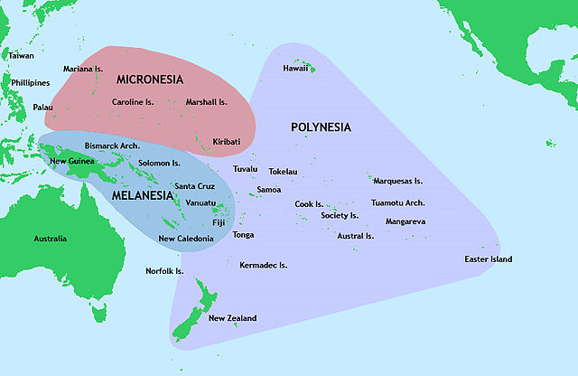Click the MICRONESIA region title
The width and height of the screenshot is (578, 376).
click(x=149, y=79)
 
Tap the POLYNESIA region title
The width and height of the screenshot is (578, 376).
click(x=321, y=127)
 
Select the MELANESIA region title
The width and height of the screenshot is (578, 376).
click(x=143, y=194)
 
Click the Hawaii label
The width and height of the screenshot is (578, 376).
click(x=295, y=68)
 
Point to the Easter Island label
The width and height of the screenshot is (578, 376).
click(x=488, y=259)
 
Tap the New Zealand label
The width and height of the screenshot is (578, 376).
click(x=232, y=318)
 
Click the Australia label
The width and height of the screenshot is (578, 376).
click(x=50, y=239)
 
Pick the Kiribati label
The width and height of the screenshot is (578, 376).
click(x=226, y=142)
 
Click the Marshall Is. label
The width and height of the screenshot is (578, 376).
click(x=206, y=102)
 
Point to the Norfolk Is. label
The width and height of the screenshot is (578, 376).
click(x=164, y=271)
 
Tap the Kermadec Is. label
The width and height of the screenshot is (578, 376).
click(x=263, y=266)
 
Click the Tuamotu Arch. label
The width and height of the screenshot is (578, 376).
click(x=397, y=203)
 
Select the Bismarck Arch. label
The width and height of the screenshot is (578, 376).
click(x=112, y=146)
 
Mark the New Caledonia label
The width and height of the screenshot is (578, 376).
click(x=186, y=239)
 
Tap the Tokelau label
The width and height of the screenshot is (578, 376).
click(x=283, y=172)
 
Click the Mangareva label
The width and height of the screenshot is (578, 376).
click(x=406, y=221)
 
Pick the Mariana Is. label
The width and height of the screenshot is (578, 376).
click(x=87, y=70)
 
